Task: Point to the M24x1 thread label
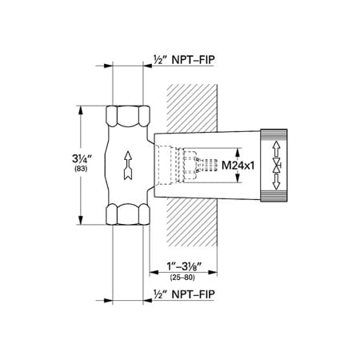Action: tap(238, 165)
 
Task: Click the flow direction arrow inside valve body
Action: tap(126, 165)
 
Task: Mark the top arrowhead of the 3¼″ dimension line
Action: tap(80, 107)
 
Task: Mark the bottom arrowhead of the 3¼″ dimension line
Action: tap(80, 222)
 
